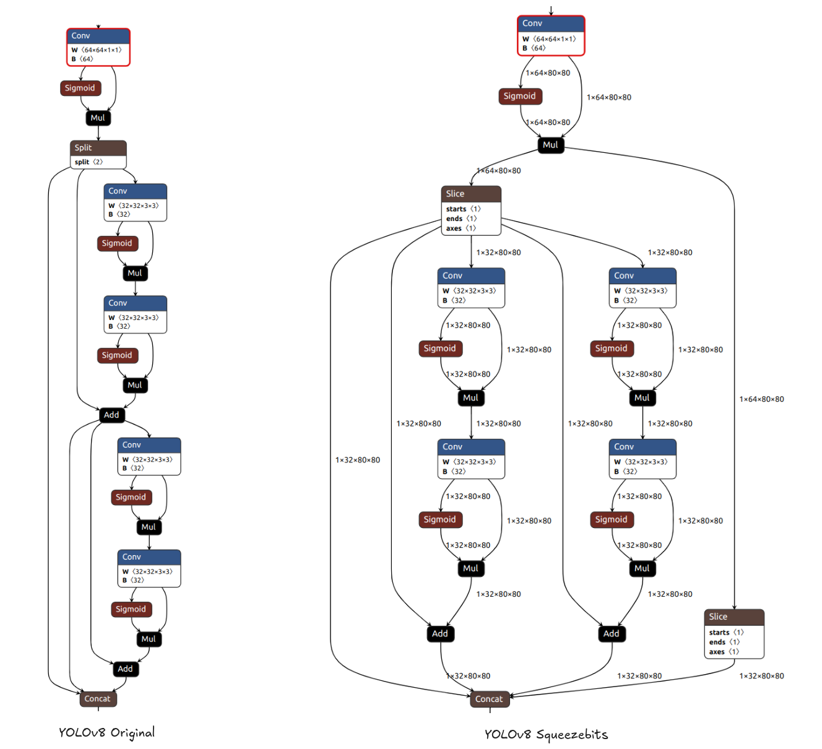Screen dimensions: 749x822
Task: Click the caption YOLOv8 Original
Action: (x=106, y=733)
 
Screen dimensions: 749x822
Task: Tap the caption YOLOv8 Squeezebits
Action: (x=545, y=735)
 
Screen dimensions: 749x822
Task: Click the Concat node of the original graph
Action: (x=98, y=699)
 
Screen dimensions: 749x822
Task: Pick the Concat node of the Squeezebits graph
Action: (x=489, y=699)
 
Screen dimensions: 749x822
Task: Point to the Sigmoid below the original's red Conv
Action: (x=80, y=88)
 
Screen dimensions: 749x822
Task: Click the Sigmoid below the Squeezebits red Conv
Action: (x=520, y=96)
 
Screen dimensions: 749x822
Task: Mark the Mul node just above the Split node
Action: (x=98, y=118)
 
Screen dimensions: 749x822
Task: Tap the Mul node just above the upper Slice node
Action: (x=550, y=145)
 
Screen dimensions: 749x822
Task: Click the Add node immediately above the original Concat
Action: (x=125, y=669)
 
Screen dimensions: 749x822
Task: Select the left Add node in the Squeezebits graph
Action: (x=440, y=633)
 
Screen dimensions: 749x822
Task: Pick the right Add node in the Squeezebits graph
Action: (x=612, y=633)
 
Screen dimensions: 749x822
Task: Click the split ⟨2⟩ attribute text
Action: (x=89, y=162)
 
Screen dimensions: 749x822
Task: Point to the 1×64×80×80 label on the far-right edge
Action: (x=761, y=399)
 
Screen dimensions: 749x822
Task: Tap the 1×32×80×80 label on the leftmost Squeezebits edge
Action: (x=358, y=460)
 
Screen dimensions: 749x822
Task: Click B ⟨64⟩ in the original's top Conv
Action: (x=82, y=59)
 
